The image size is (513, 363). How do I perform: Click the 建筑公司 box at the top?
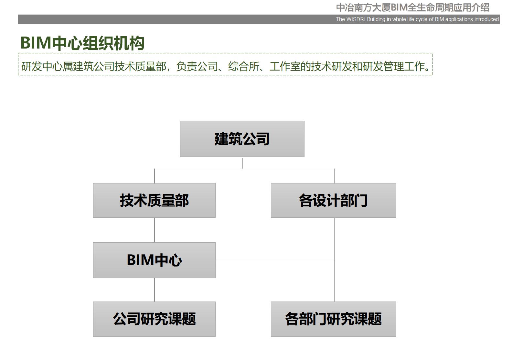(242, 139)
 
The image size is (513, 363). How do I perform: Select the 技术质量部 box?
(154, 200)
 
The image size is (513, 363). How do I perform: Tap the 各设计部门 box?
(333, 200)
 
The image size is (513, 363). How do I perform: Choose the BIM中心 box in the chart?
(154, 260)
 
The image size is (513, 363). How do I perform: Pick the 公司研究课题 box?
(154, 319)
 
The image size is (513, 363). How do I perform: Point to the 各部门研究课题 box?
(333, 319)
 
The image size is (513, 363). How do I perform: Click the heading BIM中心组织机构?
(82, 43)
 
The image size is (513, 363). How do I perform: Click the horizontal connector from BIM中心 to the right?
(275, 261)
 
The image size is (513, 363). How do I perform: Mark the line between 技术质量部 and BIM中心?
(155, 230)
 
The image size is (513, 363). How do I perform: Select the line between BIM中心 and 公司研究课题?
(155, 290)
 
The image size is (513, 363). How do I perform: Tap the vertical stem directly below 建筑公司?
(242, 163)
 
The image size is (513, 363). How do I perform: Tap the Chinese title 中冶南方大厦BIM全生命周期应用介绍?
(412, 7)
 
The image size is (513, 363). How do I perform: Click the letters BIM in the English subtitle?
(439, 19)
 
